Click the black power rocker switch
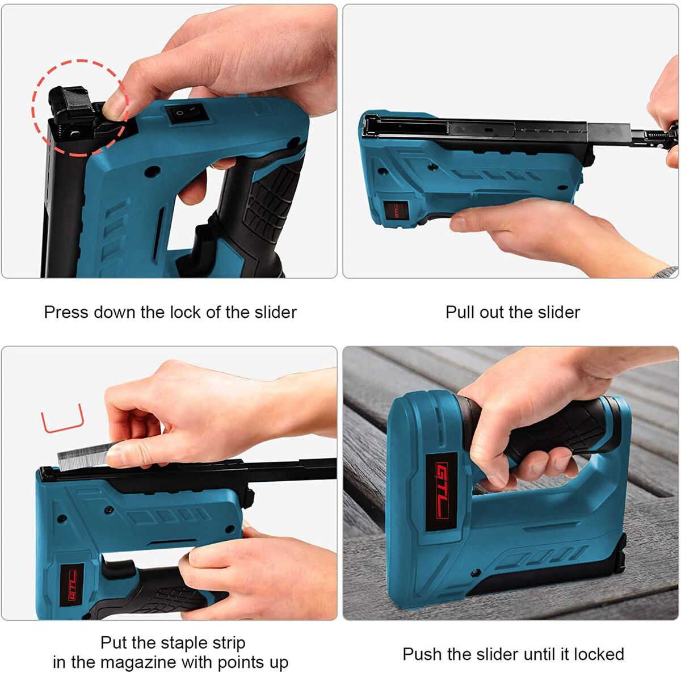(x=186, y=113)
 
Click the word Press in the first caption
(x=66, y=313)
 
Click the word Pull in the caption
(x=460, y=313)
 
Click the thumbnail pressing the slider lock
(x=115, y=106)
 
